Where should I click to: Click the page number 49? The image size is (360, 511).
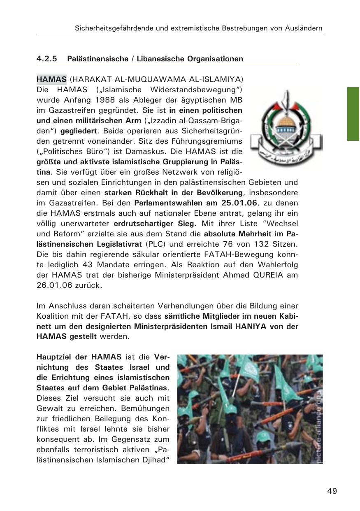tap(332, 491)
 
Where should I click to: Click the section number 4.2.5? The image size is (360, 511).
tap(46, 59)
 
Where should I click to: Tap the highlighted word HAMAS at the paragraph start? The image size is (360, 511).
tap(51, 79)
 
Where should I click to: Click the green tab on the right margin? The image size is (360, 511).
tap(353, 114)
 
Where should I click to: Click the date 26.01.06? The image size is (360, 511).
tap(53, 285)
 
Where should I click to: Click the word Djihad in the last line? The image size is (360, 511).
tap(156, 460)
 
